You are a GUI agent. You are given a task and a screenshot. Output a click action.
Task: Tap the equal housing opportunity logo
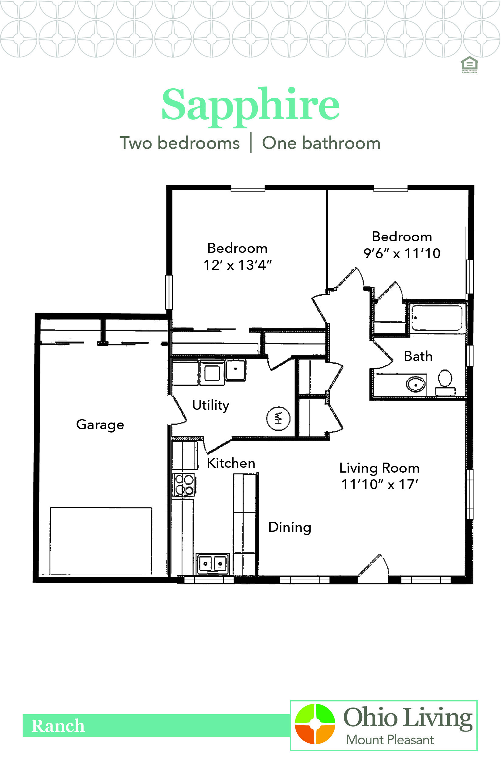point(469,64)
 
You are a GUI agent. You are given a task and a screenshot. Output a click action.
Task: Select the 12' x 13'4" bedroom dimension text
point(237,265)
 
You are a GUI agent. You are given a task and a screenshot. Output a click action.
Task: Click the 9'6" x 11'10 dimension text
point(402,253)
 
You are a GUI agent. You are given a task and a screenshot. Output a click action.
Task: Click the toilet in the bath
point(445,381)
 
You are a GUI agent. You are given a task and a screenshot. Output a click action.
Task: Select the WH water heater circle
point(278,418)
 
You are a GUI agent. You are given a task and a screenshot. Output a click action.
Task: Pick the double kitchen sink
point(213,564)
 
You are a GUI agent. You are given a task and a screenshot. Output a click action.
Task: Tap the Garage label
point(100,425)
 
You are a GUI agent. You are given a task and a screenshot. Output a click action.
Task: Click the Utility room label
point(210,405)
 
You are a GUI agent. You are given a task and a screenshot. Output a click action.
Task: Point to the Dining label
point(290,527)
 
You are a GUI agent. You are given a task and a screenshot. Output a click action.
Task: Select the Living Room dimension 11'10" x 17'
point(379,484)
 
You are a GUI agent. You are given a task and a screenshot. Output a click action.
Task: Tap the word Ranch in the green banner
point(58,726)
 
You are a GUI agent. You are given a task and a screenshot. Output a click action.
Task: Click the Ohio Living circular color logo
point(315,724)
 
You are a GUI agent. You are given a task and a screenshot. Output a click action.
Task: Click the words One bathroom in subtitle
point(321,143)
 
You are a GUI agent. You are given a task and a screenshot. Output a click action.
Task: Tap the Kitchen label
point(231,463)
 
